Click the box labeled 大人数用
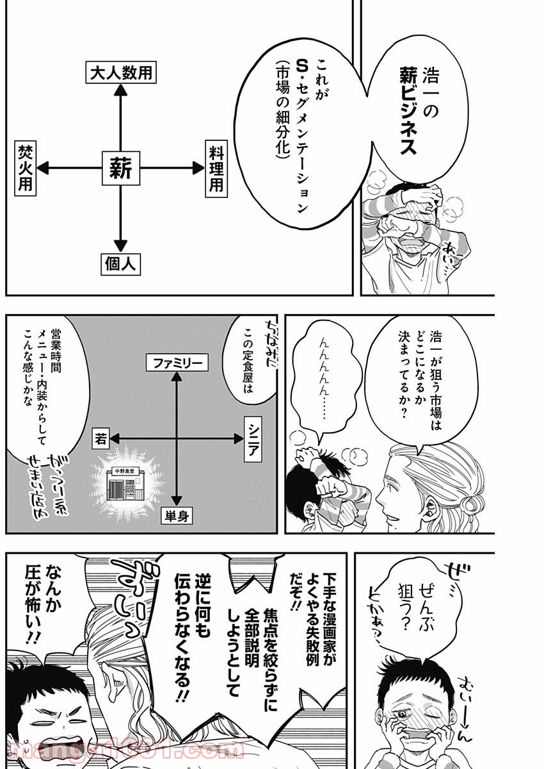point(121,72)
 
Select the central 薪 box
point(120,169)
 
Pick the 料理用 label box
point(216,169)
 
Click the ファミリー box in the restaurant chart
point(177,363)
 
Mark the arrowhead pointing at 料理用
point(196,169)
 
